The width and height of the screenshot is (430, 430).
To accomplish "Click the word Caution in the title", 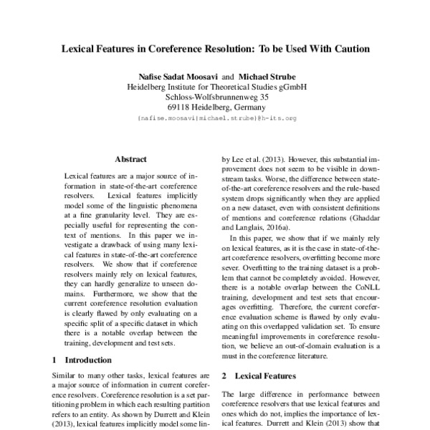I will click(x=348, y=49).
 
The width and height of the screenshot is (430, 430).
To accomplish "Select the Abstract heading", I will click(x=130, y=159).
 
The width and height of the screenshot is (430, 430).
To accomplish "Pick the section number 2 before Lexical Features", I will click(x=225, y=376).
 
